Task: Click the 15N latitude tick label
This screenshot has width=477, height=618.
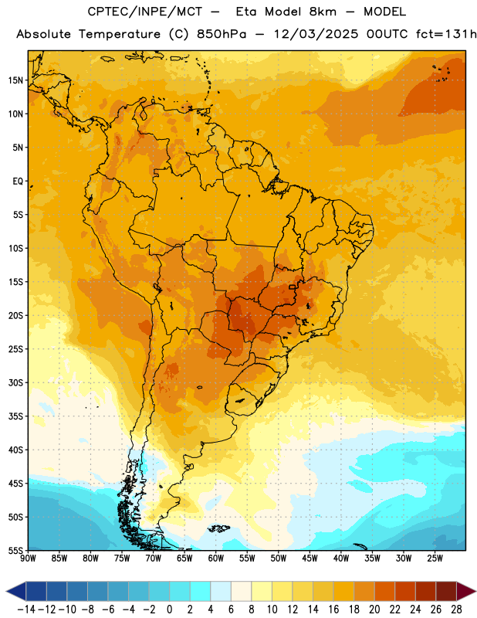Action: tap(15, 80)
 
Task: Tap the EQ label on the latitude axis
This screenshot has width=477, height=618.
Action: tap(18, 182)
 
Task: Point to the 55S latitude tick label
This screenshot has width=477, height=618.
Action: tap(15, 550)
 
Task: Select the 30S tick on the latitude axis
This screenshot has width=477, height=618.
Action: tap(15, 382)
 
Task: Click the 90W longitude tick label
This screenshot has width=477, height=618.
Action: tap(28, 559)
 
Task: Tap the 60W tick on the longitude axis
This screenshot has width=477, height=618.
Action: tap(216, 559)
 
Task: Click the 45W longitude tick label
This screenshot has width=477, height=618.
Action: tap(310, 559)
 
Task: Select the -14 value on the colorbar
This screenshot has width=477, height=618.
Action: tap(26, 610)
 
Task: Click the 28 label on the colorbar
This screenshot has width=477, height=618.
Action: tap(456, 610)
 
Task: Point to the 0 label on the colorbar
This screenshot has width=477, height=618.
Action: tap(169, 610)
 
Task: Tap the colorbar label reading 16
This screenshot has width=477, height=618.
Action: tap(333, 610)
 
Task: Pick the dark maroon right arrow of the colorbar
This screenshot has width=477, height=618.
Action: tap(466, 591)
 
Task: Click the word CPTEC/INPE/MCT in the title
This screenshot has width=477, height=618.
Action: tap(144, 12)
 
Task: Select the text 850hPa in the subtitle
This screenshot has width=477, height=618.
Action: tap(222, 34)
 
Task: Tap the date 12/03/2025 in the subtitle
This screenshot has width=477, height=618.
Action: tap(316, 34)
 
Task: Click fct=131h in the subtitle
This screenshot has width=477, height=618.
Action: tap(446, 34)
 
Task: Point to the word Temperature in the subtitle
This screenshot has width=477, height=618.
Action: tap(120, 35)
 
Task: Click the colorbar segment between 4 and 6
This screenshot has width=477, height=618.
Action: tap(221, 591)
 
